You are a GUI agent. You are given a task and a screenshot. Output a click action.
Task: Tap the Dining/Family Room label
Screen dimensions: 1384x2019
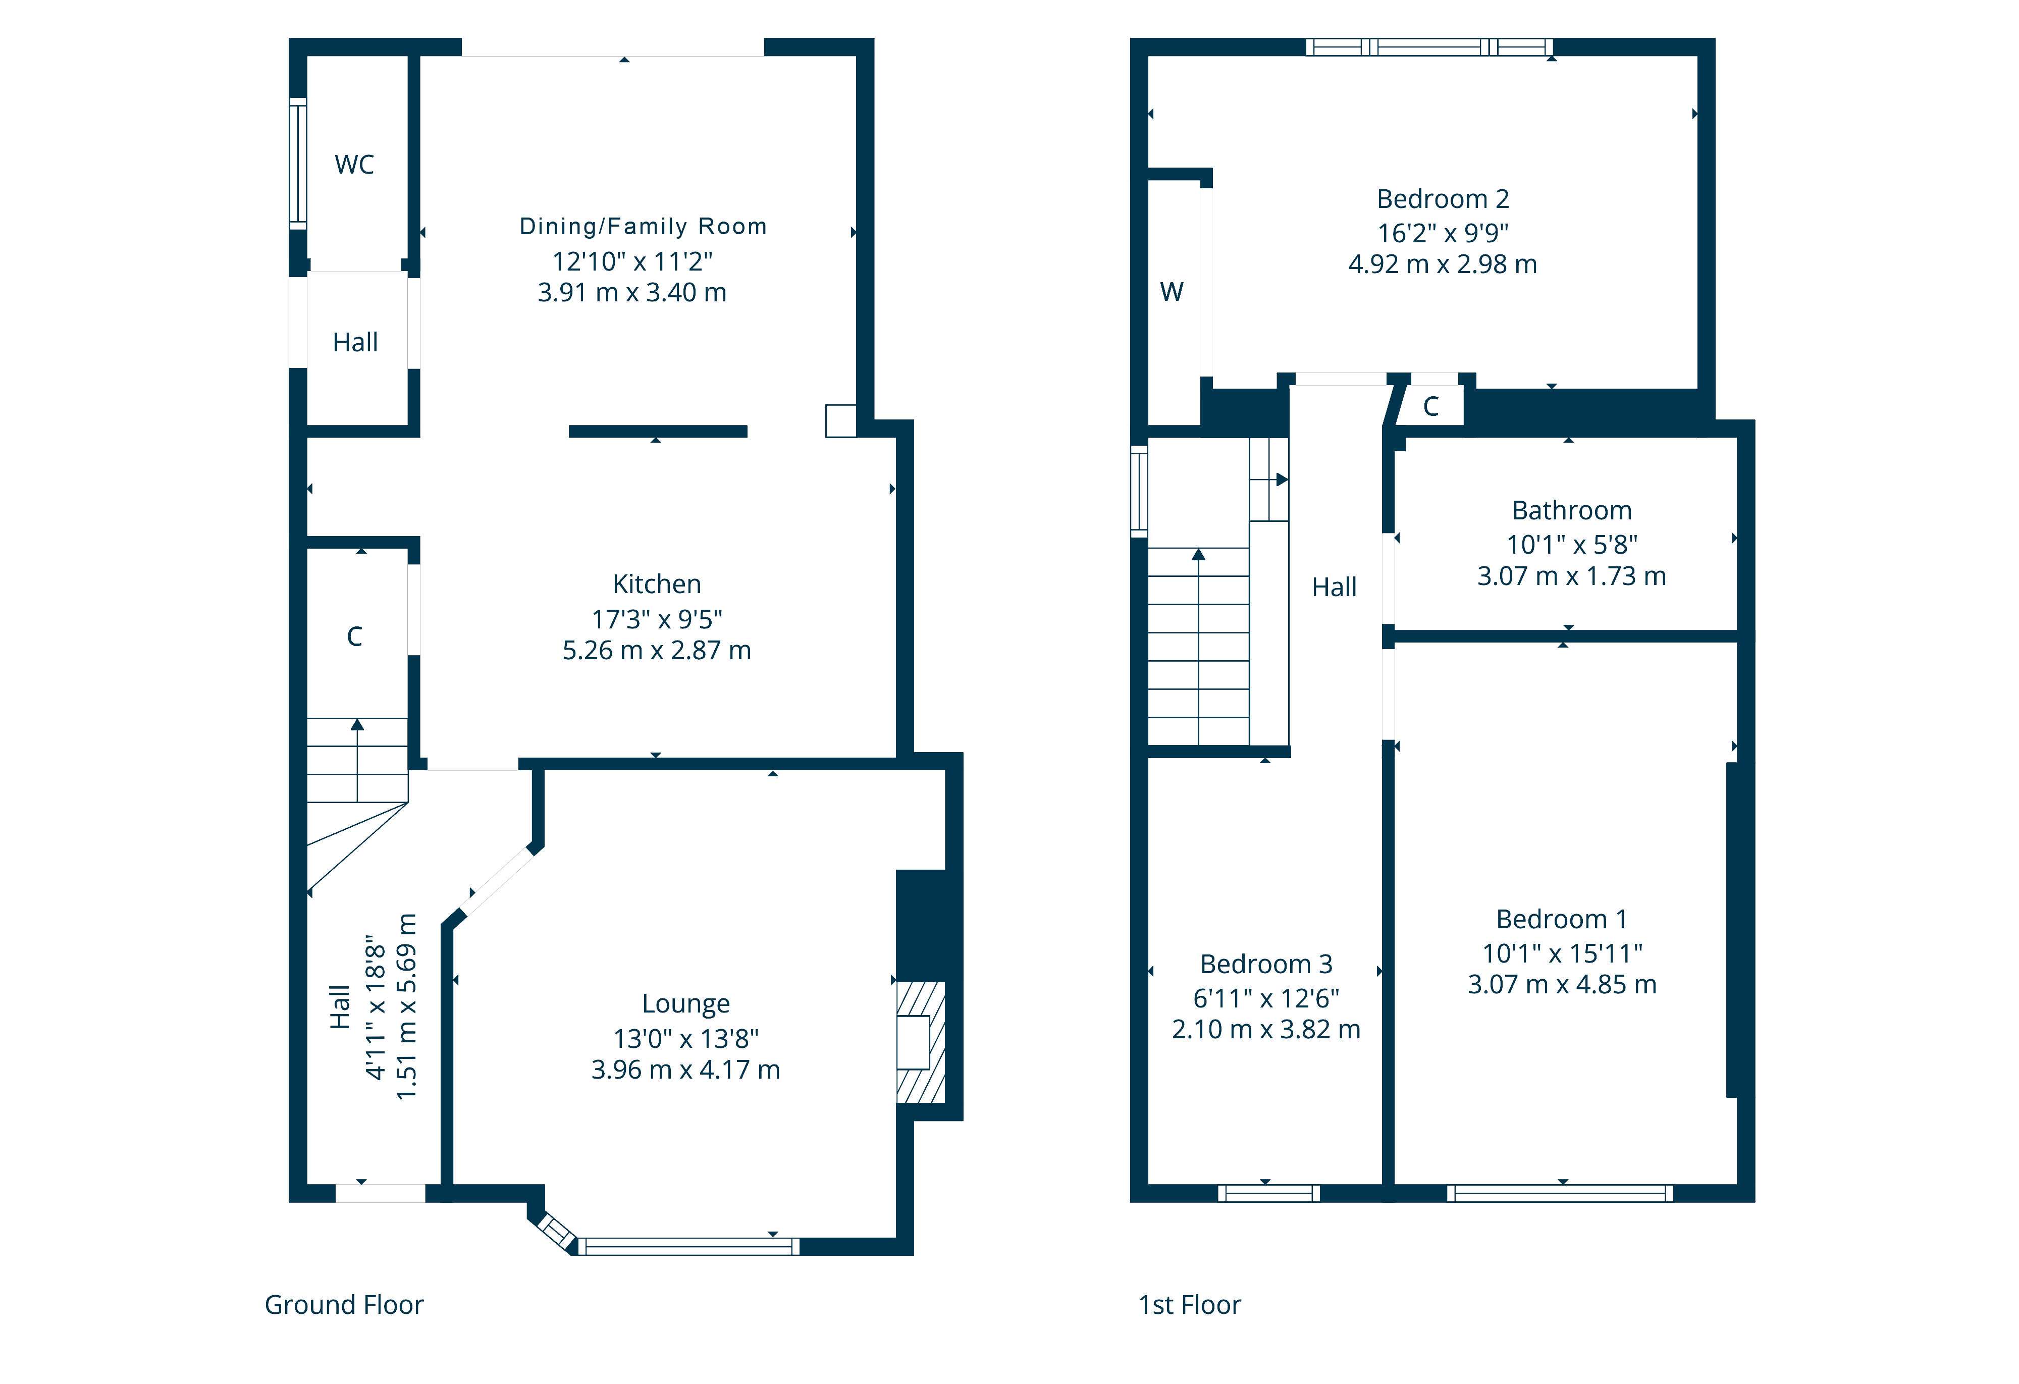tap(643, 227)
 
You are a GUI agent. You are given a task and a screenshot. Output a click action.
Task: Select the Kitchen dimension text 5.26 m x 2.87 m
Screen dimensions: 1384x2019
tap(657, 651)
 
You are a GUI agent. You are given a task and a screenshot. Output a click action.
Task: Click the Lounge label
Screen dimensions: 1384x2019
tap(685, 1004)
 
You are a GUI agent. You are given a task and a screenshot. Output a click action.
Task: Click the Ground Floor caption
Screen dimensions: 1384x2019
tap(344, 1305)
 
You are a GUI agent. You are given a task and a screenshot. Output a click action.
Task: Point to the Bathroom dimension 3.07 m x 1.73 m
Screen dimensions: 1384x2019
tap(1572, 576)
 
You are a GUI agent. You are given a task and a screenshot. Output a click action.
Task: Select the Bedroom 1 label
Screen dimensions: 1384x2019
tap(1561, 919)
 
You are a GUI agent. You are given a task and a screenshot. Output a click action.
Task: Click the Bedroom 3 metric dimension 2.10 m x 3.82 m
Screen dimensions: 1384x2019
tap(1266, 1030)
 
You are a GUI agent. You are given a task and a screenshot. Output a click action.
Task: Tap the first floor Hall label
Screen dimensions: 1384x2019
tap(1334, 588)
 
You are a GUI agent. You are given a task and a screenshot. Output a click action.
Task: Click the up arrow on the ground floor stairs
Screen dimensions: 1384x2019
tap(357, 725)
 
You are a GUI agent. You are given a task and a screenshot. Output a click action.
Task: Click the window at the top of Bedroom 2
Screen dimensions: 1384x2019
tap(1429, 47)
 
